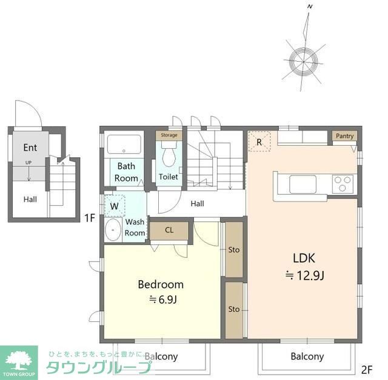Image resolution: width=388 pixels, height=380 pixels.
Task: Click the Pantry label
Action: [344, 136]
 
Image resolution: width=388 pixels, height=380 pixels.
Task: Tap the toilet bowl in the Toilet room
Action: [169, 154]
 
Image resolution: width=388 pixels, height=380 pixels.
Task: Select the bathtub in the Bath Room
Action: [124, 144]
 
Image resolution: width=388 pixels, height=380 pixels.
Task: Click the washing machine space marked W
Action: [115, 206]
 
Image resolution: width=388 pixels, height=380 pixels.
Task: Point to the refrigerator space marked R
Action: [259, 141]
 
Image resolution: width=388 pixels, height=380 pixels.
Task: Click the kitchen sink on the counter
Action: [303, 184]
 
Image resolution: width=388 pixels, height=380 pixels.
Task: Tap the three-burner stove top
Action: [343, 184]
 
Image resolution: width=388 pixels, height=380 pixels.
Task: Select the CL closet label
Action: [169, 230]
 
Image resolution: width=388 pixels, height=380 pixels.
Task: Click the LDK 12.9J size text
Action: [304, 275]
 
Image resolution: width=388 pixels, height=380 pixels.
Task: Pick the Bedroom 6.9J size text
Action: [163, 300]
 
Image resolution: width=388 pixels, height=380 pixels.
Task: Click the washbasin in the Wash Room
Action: [113, 229]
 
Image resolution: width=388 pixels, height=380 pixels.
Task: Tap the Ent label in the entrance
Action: [30, 148]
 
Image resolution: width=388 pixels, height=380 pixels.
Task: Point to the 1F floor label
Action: [90, 218]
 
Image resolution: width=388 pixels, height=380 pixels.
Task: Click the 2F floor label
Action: [367, 370]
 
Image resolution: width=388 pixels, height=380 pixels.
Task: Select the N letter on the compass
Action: [310, 7]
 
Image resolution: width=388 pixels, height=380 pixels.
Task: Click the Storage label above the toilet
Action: [169, 135]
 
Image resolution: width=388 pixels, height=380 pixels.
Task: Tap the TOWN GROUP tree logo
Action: [19, 362]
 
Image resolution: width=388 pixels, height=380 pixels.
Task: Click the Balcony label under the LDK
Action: [307, 356]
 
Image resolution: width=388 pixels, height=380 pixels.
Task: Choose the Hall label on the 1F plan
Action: [30, 199]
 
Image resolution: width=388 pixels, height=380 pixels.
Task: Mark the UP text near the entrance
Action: [28, 163]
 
